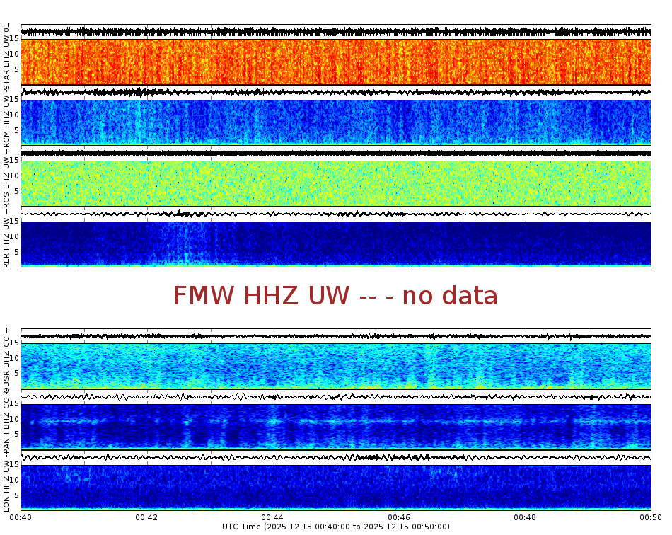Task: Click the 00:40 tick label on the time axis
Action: pos(21,517)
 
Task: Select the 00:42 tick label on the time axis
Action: pos(147,517)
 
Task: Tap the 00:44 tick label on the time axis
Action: pos(273,517)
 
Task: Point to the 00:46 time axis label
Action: pos(399,517)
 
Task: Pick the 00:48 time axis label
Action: pos(525,517)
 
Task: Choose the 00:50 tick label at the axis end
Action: pos(649,517)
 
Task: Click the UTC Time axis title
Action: pos(336,527)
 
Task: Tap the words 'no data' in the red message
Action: pos(450,296)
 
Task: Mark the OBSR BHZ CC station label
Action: pos(6,359)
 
